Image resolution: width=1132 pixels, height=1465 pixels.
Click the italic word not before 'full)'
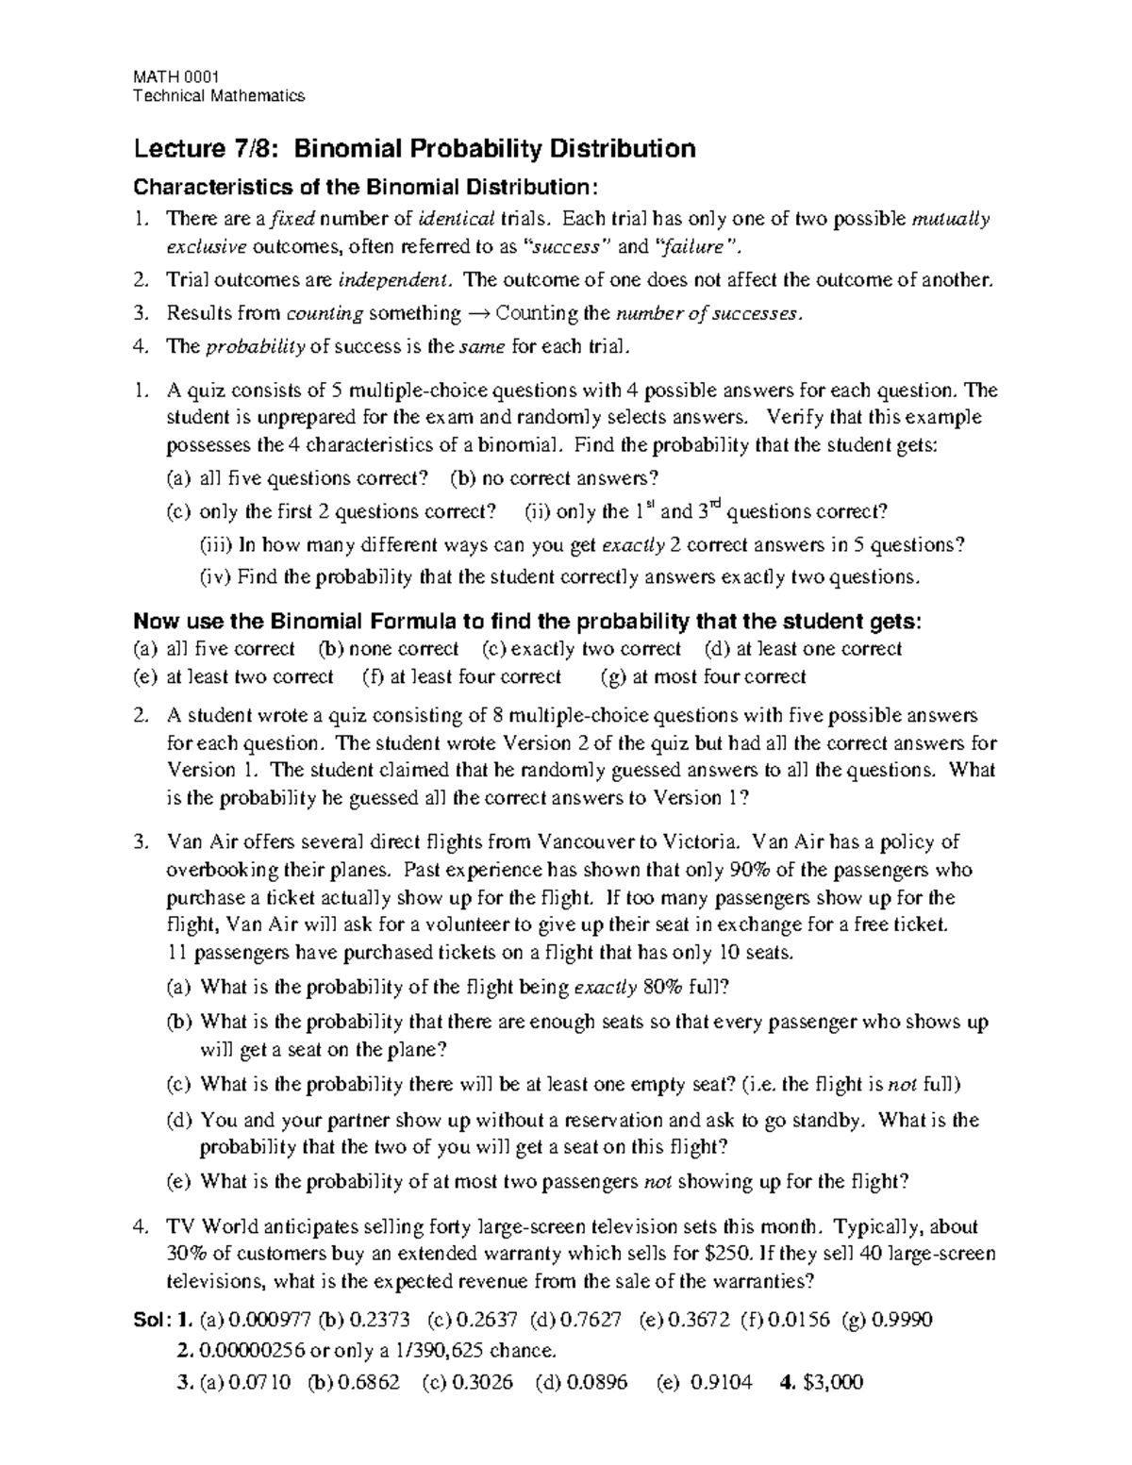pyautogui.click(x=904, y=1085)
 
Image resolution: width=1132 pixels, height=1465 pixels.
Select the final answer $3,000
pyautogui.click(x=831, y=1383)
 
